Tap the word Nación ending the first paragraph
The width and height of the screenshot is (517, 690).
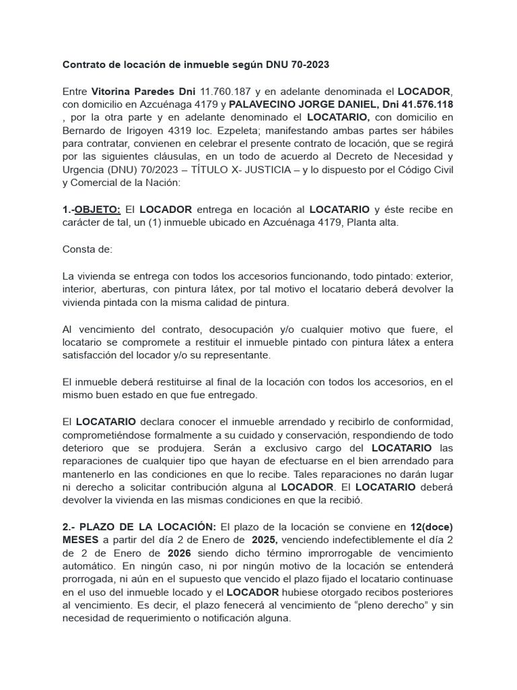coord(158,182)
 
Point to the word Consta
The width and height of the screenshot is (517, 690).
coord(79,249)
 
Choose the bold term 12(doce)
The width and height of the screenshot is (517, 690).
coord(427,527)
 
